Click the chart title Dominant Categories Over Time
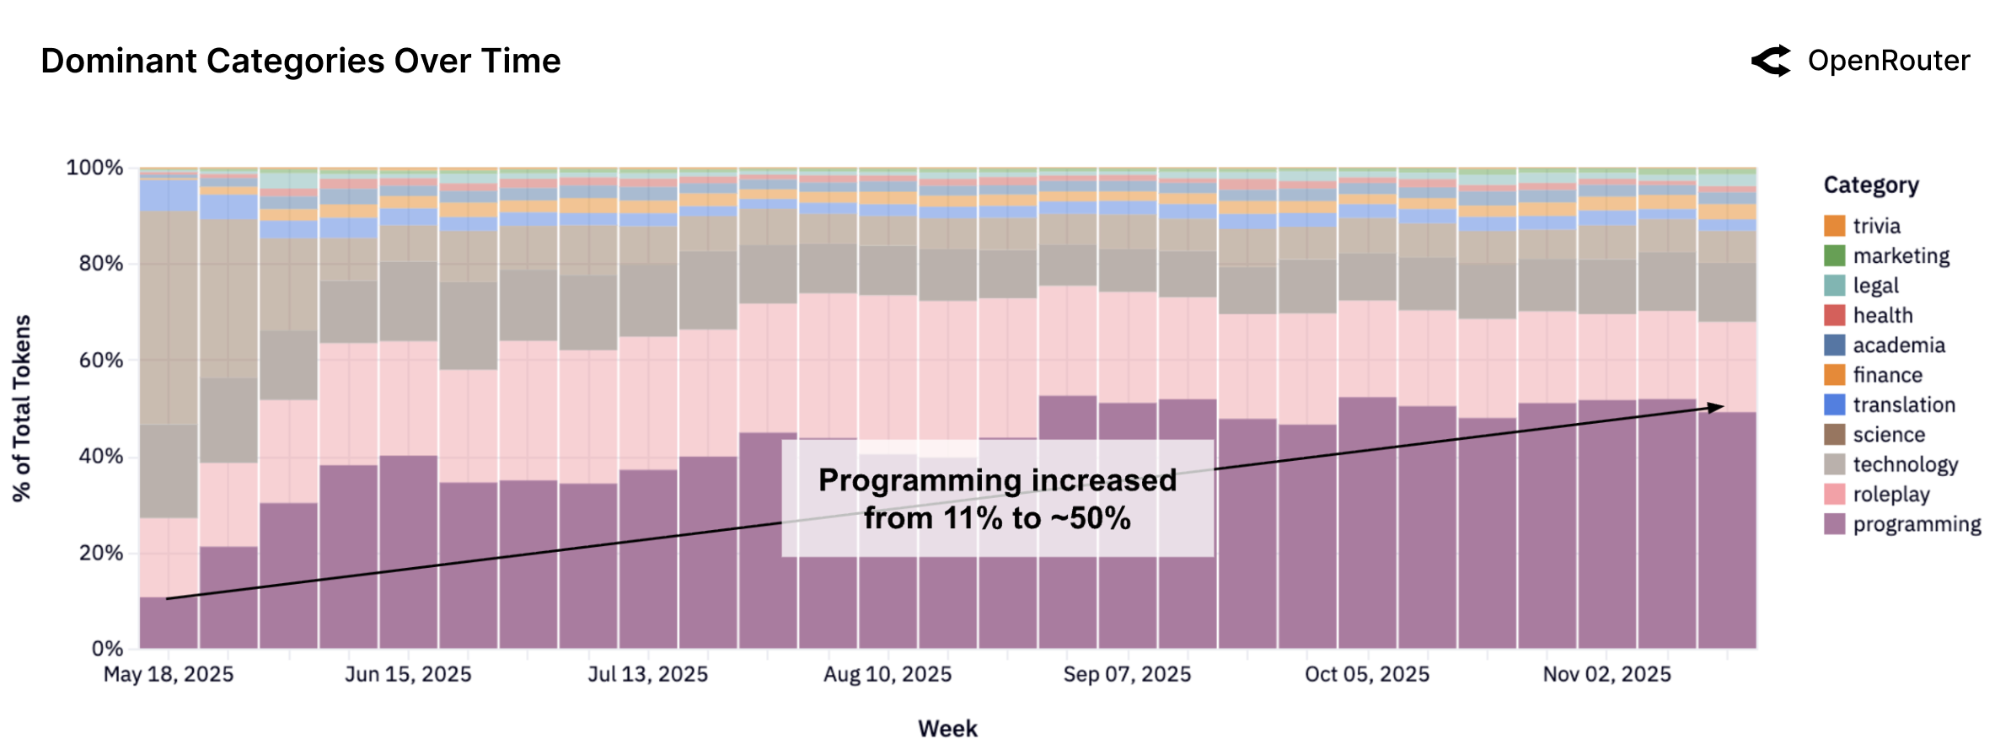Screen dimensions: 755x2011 point(300,62)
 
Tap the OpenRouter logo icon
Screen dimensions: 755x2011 point(1771,62)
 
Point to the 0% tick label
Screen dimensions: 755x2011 point(107,649)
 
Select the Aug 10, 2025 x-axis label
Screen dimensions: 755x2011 point(887,674)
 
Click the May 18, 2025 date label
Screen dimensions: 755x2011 point(168,674)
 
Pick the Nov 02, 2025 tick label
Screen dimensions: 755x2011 point(1606,674)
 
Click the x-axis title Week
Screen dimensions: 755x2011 point(947,729)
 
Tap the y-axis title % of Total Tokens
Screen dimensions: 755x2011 point(22,409)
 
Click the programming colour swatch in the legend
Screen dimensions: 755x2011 point(1834,524)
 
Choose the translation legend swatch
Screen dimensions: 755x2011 point(1834,404)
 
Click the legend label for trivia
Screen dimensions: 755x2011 point(1876,226)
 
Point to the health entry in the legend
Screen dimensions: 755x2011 point(1882,315)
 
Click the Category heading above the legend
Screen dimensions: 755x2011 point(1870,185)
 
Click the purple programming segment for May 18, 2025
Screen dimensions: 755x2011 point(169,624)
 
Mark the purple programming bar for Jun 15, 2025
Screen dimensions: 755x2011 point(408,552)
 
